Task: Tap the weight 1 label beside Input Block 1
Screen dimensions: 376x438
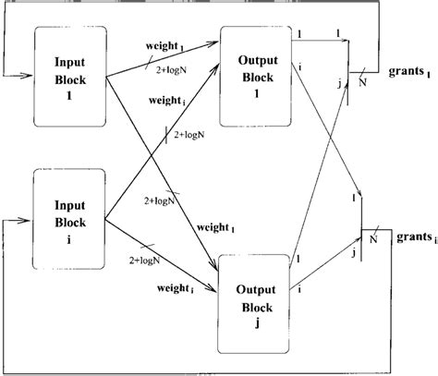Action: pyautogui.click(x=166, y=43)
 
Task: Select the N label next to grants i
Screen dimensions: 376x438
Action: pyautogui.click(x=373, y=238)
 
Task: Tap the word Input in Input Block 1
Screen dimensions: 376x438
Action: pyautogui.click(x=70, y=63)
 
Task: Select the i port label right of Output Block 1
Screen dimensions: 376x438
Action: pyautogui.click(x=301, y=66)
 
